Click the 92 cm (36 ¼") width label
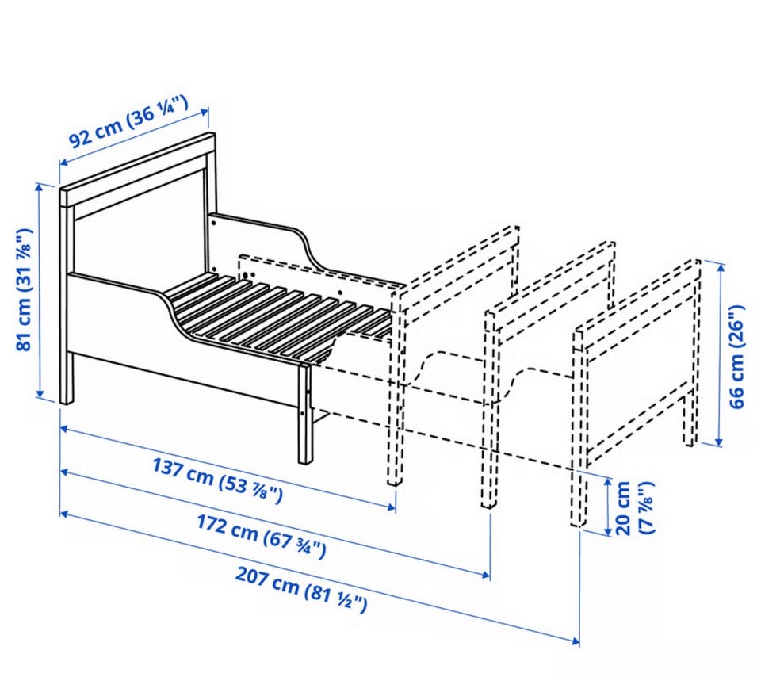click(x=128, y=122)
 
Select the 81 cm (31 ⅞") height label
click(x=25, y=289)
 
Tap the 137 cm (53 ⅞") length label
click(x=217, y=480)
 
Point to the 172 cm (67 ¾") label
click(x=261, y=536)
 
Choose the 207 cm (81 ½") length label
click(x=301, y=590)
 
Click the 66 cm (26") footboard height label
click(x=736, y=357)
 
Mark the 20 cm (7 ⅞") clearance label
click(x=634, y=508)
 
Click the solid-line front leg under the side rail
click(x=305, y=414)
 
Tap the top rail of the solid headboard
click(x=137, y=170)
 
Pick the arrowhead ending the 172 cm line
click(x=486, y=575)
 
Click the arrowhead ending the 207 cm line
click(x=576, y=641)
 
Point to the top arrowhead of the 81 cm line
click(x=40, y=187)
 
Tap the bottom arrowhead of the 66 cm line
click(x=719, y=441)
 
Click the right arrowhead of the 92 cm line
click(x=205, y=112)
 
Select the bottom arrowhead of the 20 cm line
click(x=609, y=531)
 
